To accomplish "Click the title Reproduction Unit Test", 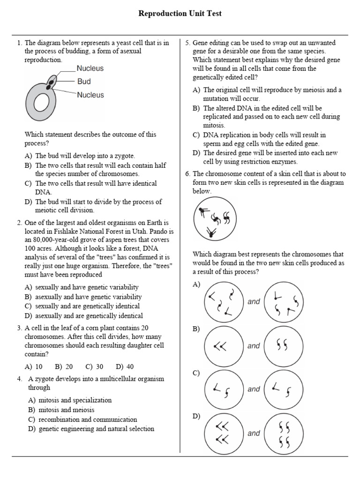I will click(180, 14).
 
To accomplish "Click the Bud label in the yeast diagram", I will click(84, 82).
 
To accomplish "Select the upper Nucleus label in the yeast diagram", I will click(90, 68).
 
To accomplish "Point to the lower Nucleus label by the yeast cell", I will click(90, 95).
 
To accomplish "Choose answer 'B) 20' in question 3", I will click(64, 367).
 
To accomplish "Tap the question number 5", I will click(187, 43).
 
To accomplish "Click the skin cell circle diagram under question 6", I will click(214, 218).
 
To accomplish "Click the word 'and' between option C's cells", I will click(254, 389).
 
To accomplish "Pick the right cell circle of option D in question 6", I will click(283, 434).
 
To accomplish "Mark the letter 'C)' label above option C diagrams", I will click(196, 373).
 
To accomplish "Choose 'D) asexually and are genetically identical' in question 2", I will click(84, 316).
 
